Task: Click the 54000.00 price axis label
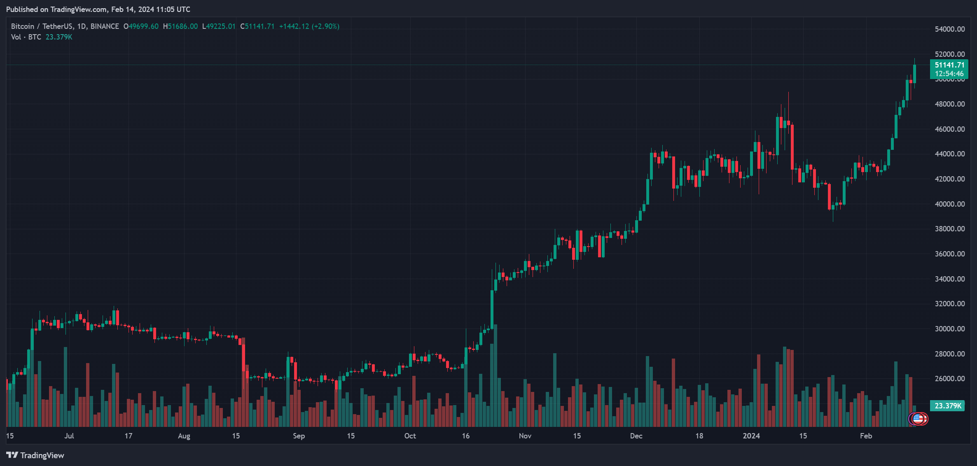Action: tap(949, 29)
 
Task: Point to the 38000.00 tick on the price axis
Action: tap(949, 229)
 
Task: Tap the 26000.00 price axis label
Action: tap(949, 379)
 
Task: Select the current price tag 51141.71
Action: tap(949, 65)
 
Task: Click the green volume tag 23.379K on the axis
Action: tap(947, 406)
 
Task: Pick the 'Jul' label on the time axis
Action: tap(69, 436)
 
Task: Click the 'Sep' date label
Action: tap(299, 436)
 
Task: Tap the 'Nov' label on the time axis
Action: tap(525, 436)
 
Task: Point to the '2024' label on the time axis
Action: tap(751, 436)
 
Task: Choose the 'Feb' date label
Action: tap(866, 436)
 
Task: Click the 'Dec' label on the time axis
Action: tap(636, 436)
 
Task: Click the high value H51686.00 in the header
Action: tap(180, 26)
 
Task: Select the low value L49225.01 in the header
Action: tap(219, 26)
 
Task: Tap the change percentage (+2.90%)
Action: tap(325, 26)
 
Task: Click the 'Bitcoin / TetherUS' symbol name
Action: tap(42, 26)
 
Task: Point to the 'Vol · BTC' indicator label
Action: tap(26, 37)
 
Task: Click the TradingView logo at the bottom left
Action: tap(35, 455)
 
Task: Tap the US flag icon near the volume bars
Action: tap(918, 419)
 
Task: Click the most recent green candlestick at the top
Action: tap(914, 73)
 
